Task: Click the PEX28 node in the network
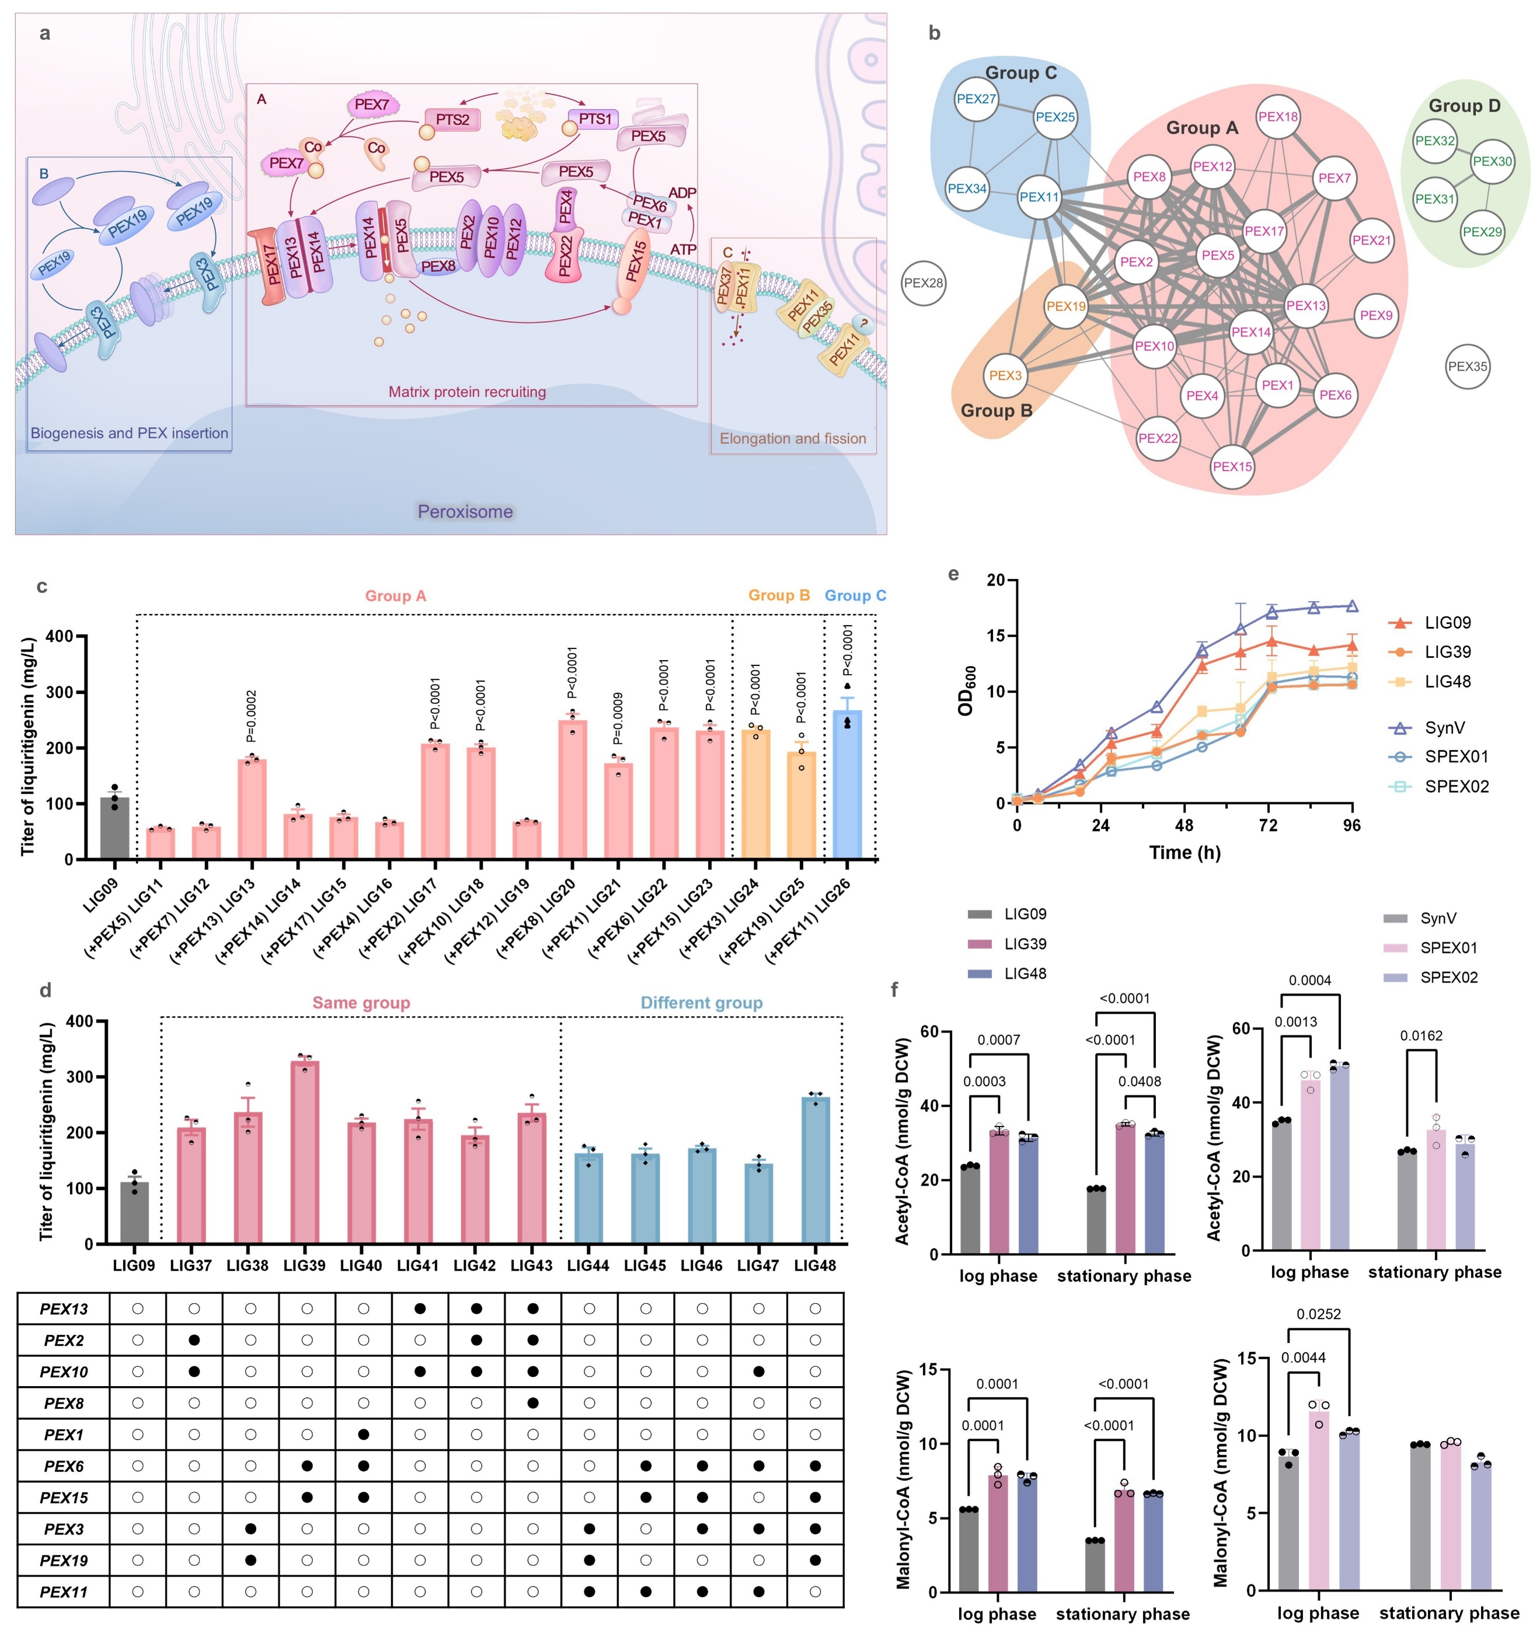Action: pyautogui.click(x=924, y=283)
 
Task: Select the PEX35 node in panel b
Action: pyautogui.click(x=1467, y=367)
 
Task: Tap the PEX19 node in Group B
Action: pyautogui.click(x=1065, y=306)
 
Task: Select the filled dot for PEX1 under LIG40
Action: pyautogui.click(x=364, y=1434)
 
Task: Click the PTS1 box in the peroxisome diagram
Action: pyautogui.click(x=595, y=120)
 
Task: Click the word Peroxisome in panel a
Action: pyautogui.click(x=465, y=511)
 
